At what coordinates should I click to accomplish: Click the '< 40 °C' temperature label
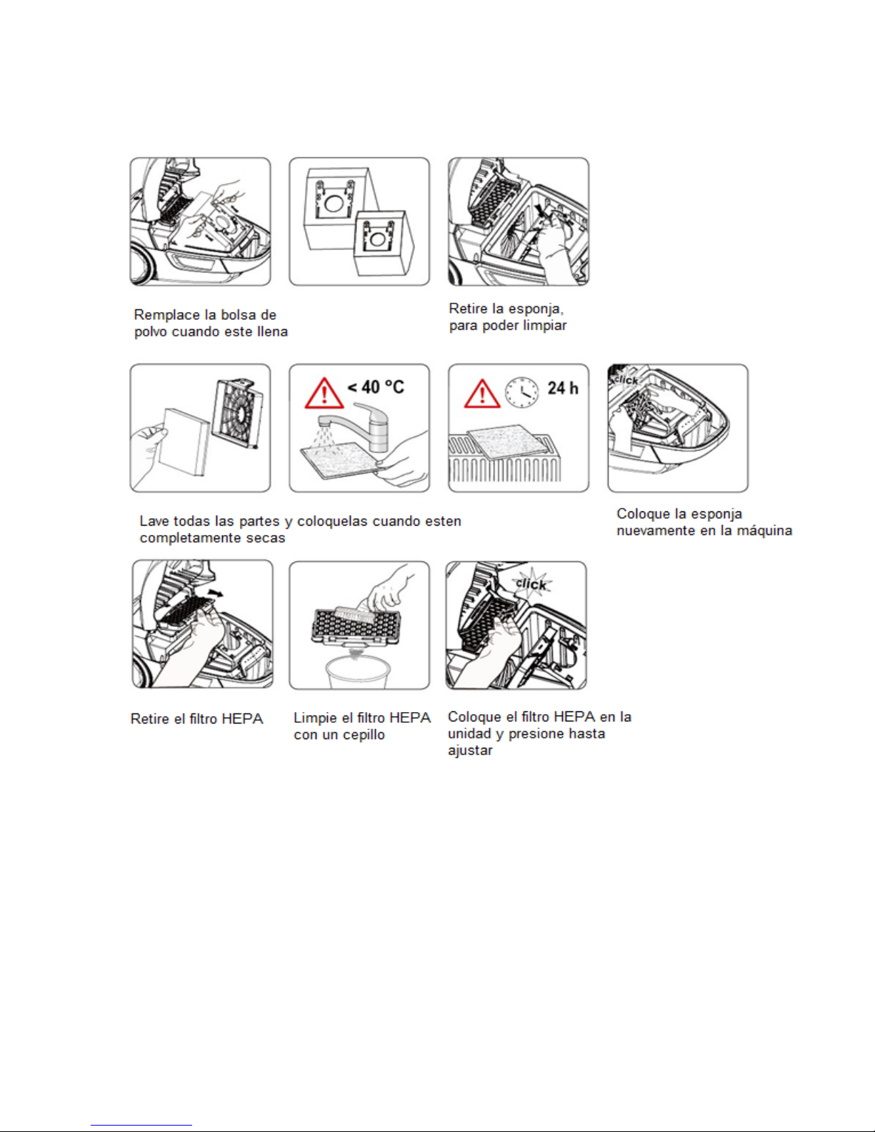click(x=376, y=387)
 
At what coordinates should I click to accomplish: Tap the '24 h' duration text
click(x=563, y=388)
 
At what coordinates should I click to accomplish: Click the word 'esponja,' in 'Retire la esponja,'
click(x=536, y=309)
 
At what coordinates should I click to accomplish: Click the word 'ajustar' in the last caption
click(x=470, y=751)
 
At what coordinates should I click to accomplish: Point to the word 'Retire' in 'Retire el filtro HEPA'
click(x=149, y=719)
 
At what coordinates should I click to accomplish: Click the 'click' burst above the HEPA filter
click(x=531, y=583)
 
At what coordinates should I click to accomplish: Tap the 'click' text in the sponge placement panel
click(x=626, y=379)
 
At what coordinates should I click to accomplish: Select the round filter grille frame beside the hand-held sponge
click(x=237, y=414)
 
